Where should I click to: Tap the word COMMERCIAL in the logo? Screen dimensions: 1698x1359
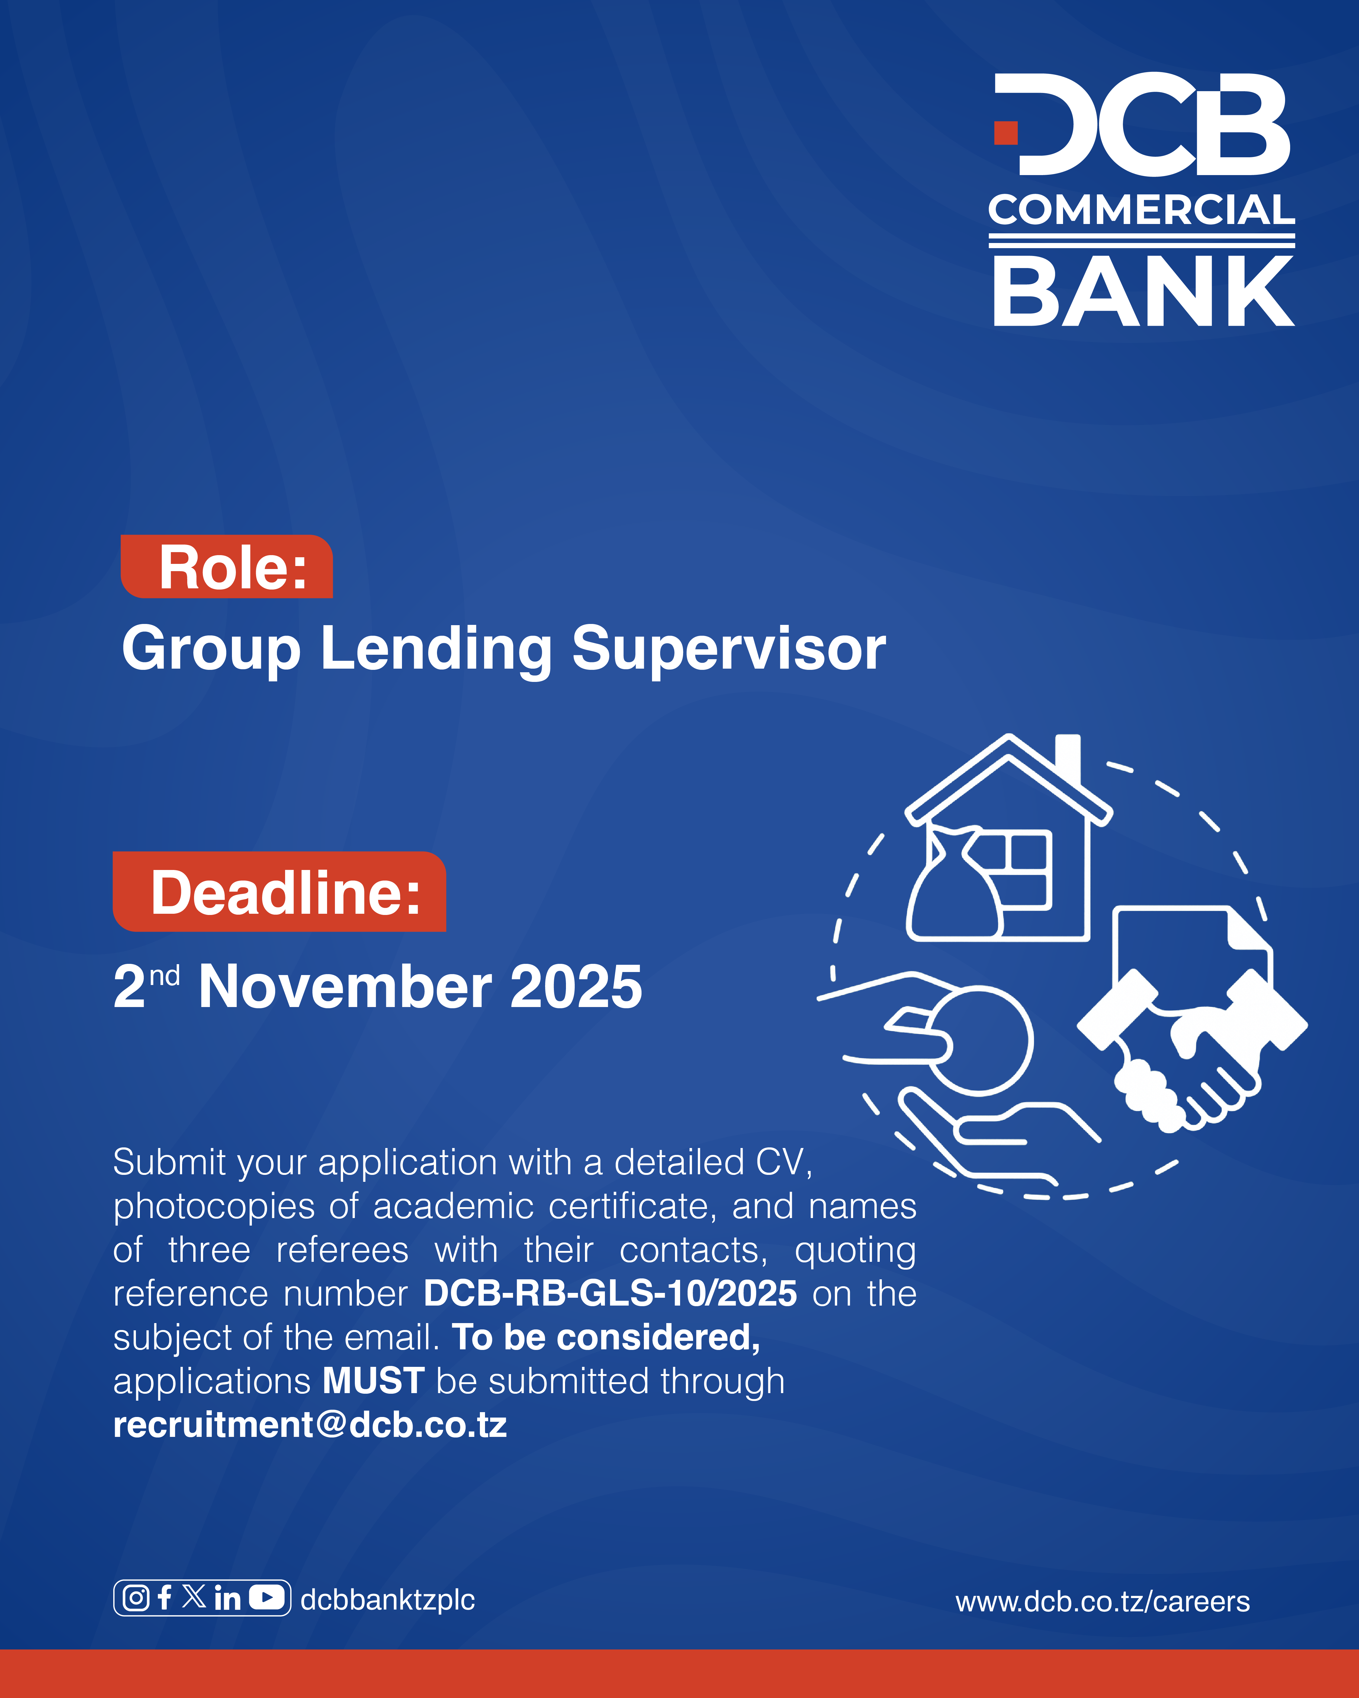click(1142, 210)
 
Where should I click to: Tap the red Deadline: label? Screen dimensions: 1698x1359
click(280, 892)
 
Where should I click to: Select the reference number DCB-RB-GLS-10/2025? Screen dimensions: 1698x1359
click(610, 1294)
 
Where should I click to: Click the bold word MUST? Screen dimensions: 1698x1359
click(374, 1381)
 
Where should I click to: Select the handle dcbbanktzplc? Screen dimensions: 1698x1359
click(387, 1600)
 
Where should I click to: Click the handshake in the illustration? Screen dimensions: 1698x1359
click(1190, 1051)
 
